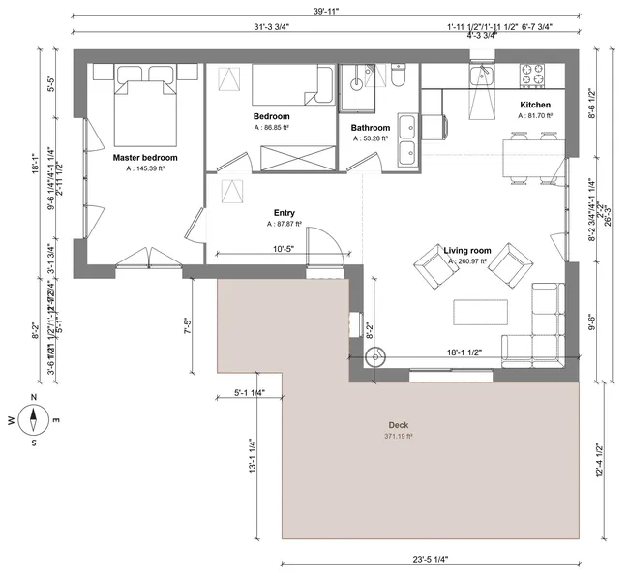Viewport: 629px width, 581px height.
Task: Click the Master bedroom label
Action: click(145, 157)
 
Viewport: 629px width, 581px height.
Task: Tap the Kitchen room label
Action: click(535, 105)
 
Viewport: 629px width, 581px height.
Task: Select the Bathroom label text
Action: click(371, 128)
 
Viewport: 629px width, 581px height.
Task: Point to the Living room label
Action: click(467, 251)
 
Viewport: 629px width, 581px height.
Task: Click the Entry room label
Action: click(285, 213)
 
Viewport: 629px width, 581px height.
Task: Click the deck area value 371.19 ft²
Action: click(399, 437)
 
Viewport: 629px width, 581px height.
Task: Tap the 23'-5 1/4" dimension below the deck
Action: click(429, 559)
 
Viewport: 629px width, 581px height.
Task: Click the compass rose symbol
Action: click(34, 419)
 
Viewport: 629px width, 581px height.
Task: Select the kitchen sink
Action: click(481, 75)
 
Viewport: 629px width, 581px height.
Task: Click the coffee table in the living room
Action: click(481, 312)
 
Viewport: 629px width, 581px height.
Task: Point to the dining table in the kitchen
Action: click(528, 159)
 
